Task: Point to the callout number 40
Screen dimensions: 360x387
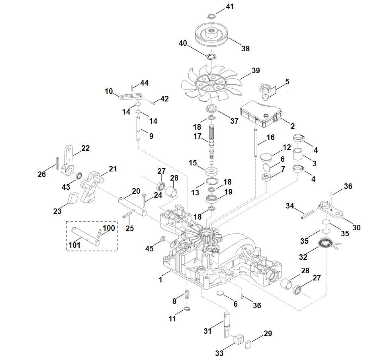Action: tap(183, 43)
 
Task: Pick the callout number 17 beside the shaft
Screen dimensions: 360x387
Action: tap(197, 136)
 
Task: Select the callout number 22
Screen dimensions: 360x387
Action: tap(86, 148)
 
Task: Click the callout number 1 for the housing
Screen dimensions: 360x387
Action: tap(160, 280)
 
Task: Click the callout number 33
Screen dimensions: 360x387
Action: tap(219, 352)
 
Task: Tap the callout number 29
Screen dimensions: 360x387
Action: tap(268, 333)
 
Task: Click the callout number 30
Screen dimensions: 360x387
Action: tap(356, 228)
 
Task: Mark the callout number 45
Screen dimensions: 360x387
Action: tap(149, 249)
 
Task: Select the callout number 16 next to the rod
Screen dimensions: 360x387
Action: tap(270, 138)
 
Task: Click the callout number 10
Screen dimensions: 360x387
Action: tap(109, 91)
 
